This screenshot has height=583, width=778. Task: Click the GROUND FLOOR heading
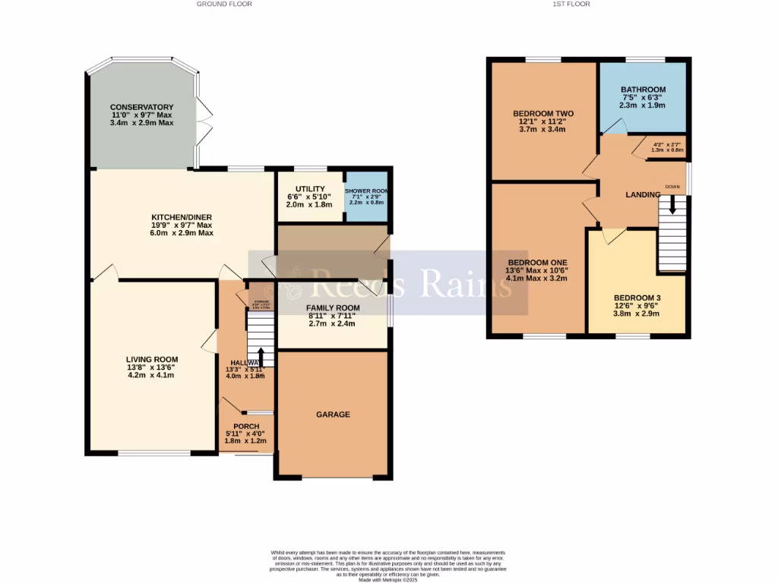point(224,4)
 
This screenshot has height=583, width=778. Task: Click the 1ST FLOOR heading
point(571,4)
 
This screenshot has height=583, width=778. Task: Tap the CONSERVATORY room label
point(141,107)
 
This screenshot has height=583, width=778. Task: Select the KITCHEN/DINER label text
point(182,217)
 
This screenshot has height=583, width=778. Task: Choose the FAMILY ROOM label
point(333,307)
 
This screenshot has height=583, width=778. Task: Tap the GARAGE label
point(333,414)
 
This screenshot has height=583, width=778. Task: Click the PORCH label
point(246,427)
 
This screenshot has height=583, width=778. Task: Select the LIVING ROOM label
point(152,360)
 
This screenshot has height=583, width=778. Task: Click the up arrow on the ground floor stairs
point(261,356)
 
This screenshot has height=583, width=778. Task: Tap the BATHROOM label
point(643,90)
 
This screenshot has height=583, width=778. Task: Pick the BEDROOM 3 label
point(637,297)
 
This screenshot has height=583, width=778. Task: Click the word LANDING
point(642,195)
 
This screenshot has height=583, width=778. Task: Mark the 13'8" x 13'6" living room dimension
point(152,367)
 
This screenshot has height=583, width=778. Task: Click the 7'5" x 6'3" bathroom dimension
point(643,97)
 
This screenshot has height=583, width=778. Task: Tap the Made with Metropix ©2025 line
point(388,580)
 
